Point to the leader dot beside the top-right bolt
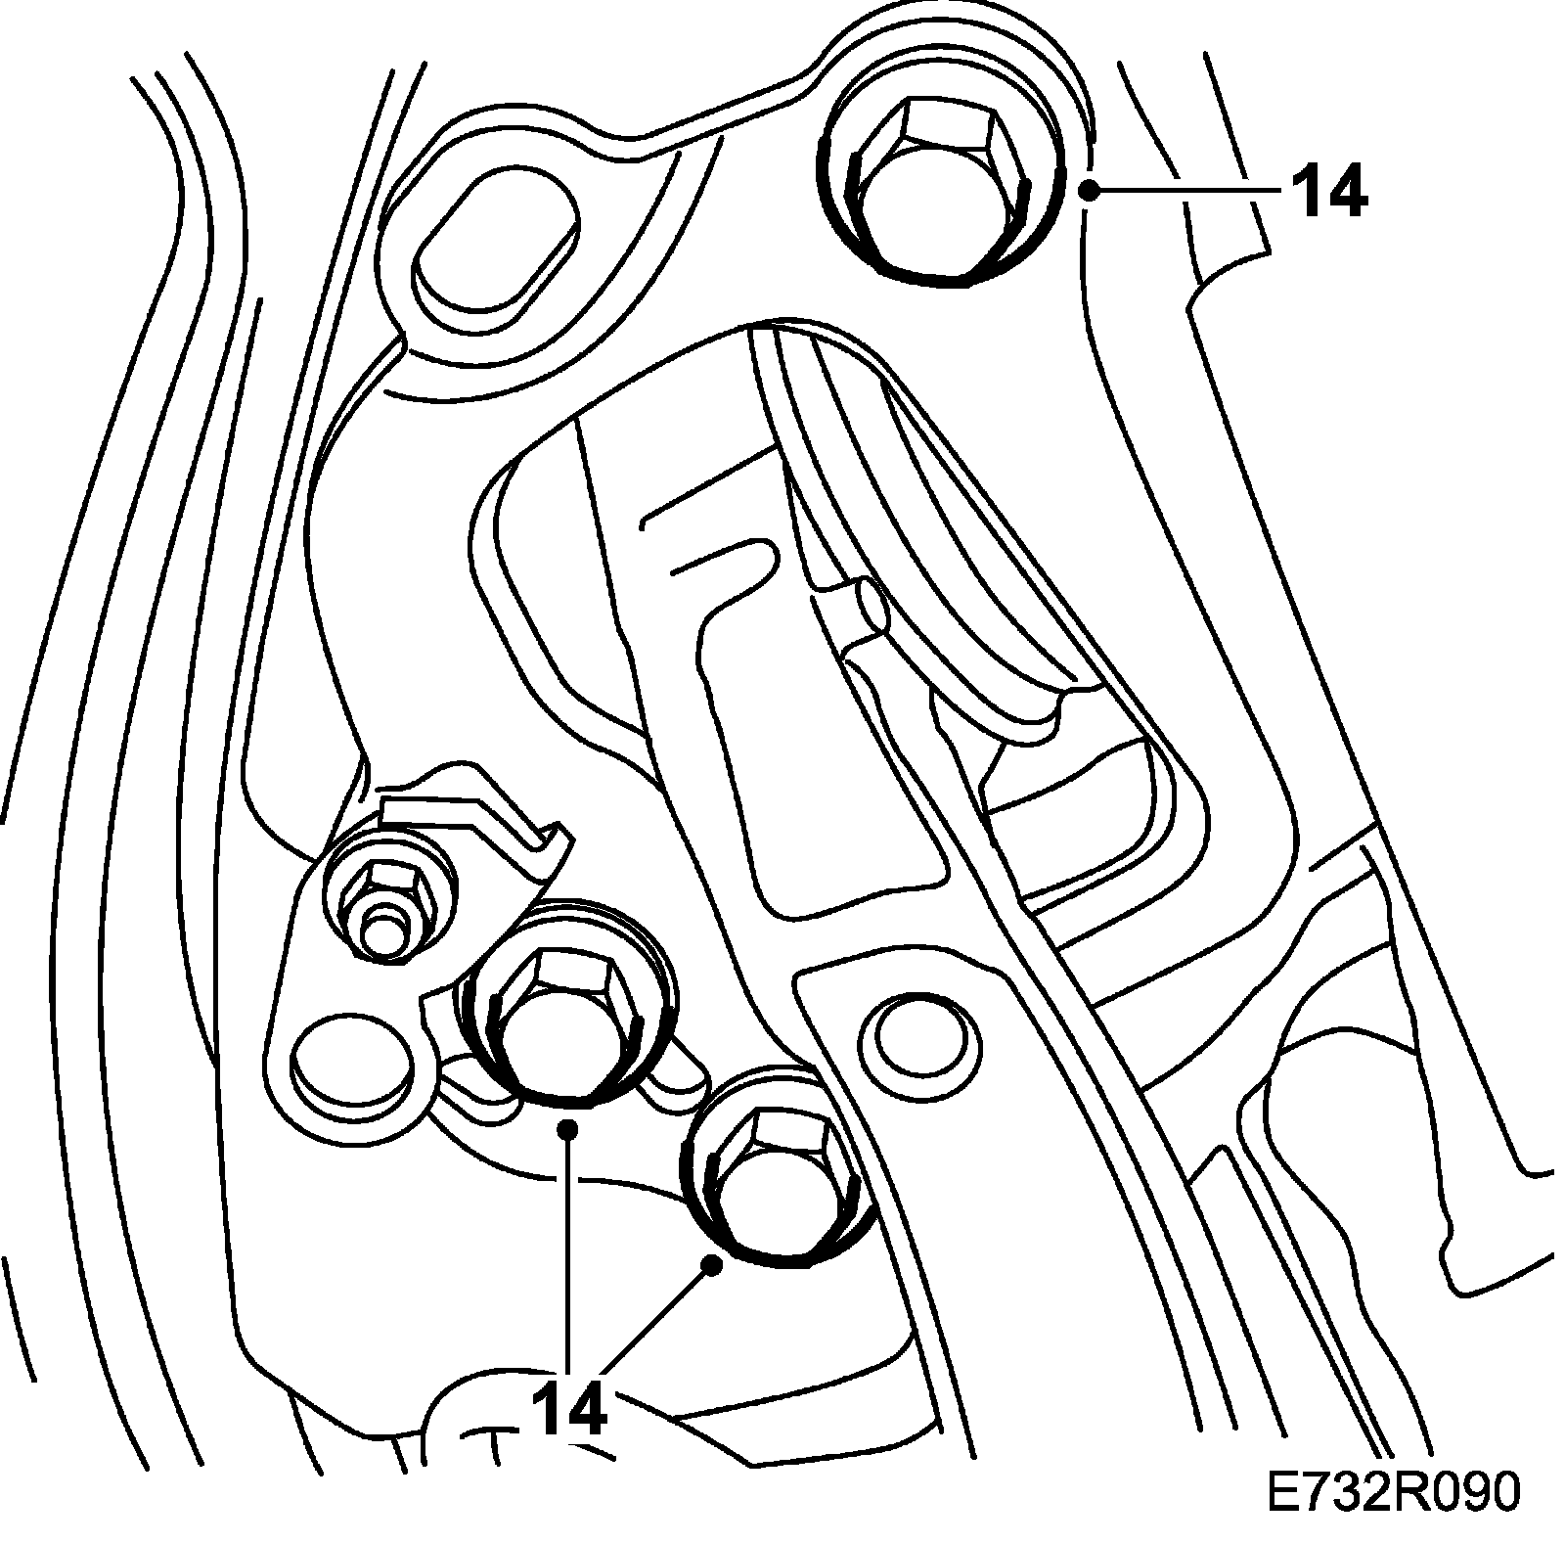(1089, 191)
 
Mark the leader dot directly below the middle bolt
(567, 1130)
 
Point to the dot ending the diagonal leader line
(713, 1265)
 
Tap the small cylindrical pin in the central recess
(868, 607)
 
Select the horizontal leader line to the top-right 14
(1184, 191)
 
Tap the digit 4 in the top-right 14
(1347, 191)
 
